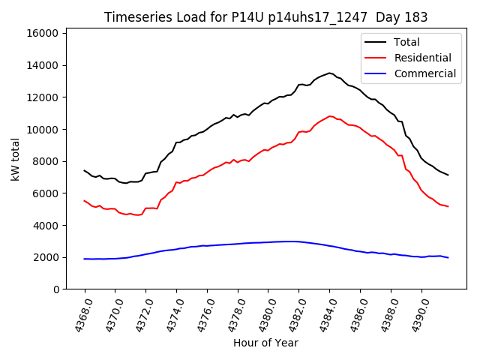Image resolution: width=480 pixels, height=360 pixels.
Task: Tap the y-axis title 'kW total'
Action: click(x=16, y=159)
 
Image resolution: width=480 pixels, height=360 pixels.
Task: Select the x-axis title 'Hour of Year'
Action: click(x=266, y=343)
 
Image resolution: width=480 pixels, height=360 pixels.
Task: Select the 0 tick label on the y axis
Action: click(x=57, y=289)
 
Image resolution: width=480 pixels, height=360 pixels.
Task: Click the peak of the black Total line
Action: click(x=329, y=73)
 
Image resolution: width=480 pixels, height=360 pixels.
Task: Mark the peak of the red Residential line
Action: click(x=330, y=116)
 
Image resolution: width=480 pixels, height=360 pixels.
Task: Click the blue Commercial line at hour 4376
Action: click(x=207, y=245)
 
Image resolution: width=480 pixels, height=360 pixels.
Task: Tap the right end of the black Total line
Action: click(x=448, y=175)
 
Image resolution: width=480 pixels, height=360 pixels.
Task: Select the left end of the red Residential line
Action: click(x=85, y=200)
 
